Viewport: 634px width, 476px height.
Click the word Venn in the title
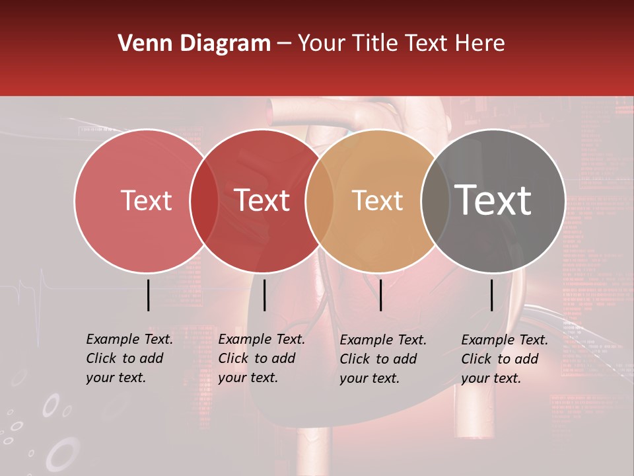tap(137, 44)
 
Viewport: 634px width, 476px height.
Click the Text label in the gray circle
tap(493, 200)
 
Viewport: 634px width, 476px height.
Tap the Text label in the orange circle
tap(377, 200)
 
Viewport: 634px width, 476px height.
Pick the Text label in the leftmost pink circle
tap(146, 200)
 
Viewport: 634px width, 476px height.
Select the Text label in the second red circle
tap(262, 200)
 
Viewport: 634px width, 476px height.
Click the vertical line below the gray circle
tap(492, 295)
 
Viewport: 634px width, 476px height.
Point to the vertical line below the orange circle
tap(380, 295)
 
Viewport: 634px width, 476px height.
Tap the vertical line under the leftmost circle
tap(149, 295)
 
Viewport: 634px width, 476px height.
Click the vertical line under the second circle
tap(264, 295)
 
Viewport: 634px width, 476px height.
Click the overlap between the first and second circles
tap(204, 200)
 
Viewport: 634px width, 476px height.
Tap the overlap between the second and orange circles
tap(320, 200)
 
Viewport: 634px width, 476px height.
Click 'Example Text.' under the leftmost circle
tap(129, 339)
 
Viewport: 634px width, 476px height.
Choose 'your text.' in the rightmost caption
tap(491, 378)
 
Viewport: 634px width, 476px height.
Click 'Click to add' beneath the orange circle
tap(378, 359)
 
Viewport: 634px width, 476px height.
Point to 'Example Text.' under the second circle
tap(262, 339)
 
